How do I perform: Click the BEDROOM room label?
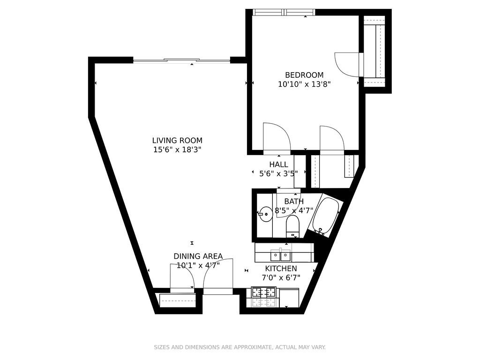pyautogui.click(x=304, y=75)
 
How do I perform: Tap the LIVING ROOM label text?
pyautogui.click(x=177, y=141)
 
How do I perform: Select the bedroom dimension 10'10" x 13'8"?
pyautogui.click(x=304, y=84)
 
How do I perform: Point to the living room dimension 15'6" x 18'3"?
pyautogui.click(x=177, y=150)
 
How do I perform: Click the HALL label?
pyautogui.click(x=278, y=165)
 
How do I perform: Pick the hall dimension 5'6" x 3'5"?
pyautogui.click(x=278, y=174)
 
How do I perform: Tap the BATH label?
pyautogui.click(x=294, y=202)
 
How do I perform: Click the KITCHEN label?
pyautogui.click(x=281, y=269)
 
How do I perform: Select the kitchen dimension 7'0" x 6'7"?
pyautogui.click(x=281, y=278)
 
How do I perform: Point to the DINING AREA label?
pyautogui.click(x=198, y=256)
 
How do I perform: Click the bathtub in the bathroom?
pyautogui.click(x=326, y=216)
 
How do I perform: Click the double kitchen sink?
pyautogui.click(x=280, y=255)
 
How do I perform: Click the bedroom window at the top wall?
pyautogui.click(x=284, y=12)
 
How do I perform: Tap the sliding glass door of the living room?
pyautogui.click(x=181, y=60)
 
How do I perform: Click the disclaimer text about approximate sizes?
pyautogui.click(x=240, y=347)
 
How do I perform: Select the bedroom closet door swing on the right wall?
pyautogui.click(x=347, y=64)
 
